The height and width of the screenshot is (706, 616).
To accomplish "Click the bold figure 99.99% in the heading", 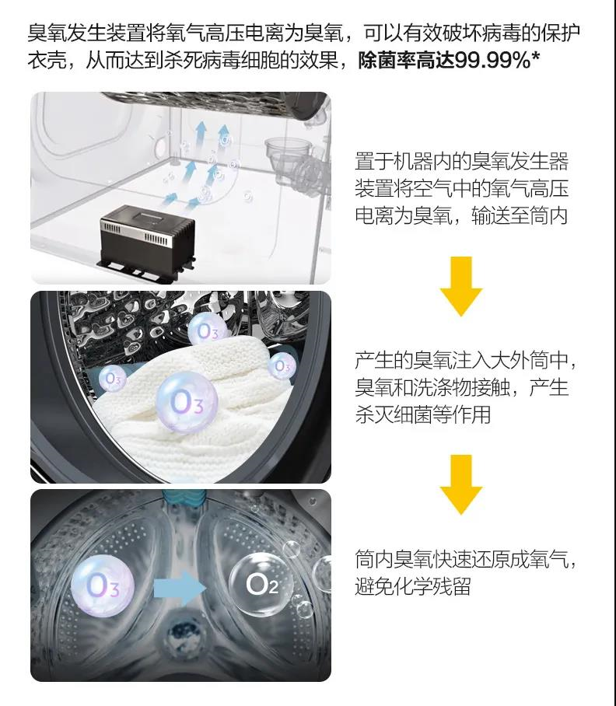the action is point(492,61).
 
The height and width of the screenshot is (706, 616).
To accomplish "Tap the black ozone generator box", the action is point(148,240).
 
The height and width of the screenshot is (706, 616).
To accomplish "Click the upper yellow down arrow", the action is point(461,286).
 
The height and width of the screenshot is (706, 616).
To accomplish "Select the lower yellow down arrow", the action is point(461,484).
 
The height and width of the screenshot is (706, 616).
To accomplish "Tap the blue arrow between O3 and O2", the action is point(180,588).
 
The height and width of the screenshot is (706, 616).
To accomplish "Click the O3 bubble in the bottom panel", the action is point(103,586).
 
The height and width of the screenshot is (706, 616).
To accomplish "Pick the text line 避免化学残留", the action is point(413,587).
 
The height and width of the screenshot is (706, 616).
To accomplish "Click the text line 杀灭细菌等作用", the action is point(423,414).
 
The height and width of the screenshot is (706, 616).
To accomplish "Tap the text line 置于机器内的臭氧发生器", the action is point(461,161).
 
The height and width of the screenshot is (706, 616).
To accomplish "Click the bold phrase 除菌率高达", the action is point(406,61).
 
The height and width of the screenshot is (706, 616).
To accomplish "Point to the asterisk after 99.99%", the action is point(536,58).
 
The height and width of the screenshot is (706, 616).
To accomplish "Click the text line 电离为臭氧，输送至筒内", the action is point(461,215).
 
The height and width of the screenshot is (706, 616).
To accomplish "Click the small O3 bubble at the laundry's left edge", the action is point(112,378).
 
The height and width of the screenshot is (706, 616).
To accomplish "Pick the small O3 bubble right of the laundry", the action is point(282,365).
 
